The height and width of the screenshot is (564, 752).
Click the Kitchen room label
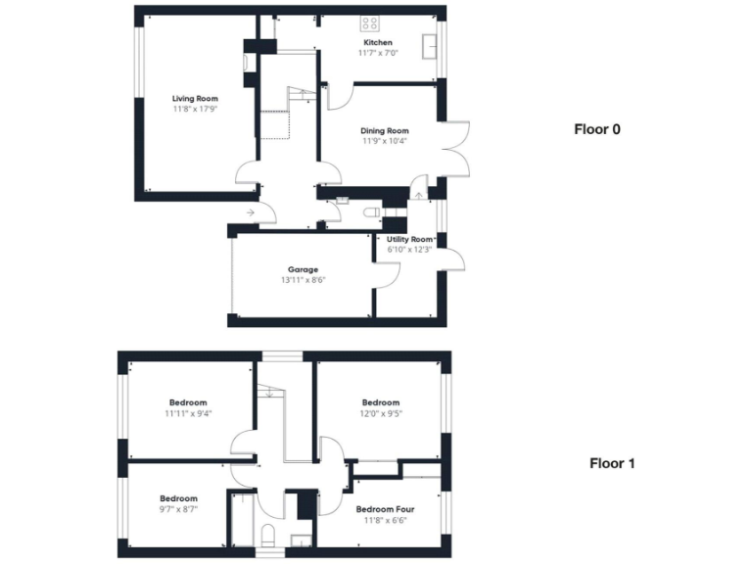[x=378, y=43]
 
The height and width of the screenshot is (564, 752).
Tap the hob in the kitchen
[x=371, y=23]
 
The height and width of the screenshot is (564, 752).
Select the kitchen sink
[x=428, y=46]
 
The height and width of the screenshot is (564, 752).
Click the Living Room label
[x=195, y=99]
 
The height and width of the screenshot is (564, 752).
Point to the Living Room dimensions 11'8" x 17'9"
[x=195, y=110]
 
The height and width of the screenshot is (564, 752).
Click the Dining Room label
[x=384, y=130]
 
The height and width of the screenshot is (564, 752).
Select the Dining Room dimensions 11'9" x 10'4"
[x=384, y=141]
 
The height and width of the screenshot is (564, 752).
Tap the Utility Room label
[x=409, y=239]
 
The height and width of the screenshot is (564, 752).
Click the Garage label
[x=303, y=269]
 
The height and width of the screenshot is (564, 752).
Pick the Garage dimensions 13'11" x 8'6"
[x=303, y=280]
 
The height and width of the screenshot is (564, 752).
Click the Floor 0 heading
[x=597, y=128]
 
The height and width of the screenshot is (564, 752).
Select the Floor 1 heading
[x=612, y=463]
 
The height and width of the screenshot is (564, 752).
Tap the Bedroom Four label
[x=385, y=509]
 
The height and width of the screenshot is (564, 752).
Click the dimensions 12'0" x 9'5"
[x=381, y=413]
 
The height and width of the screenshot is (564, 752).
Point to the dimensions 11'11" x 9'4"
[x=187, y=413]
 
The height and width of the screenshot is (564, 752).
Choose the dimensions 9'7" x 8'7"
[x=178, y=509]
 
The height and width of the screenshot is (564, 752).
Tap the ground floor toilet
[x=371, y=211]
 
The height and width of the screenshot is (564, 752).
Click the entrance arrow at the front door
[x=251, y=211]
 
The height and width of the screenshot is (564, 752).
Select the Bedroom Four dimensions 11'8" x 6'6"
[x=385, y=520]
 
